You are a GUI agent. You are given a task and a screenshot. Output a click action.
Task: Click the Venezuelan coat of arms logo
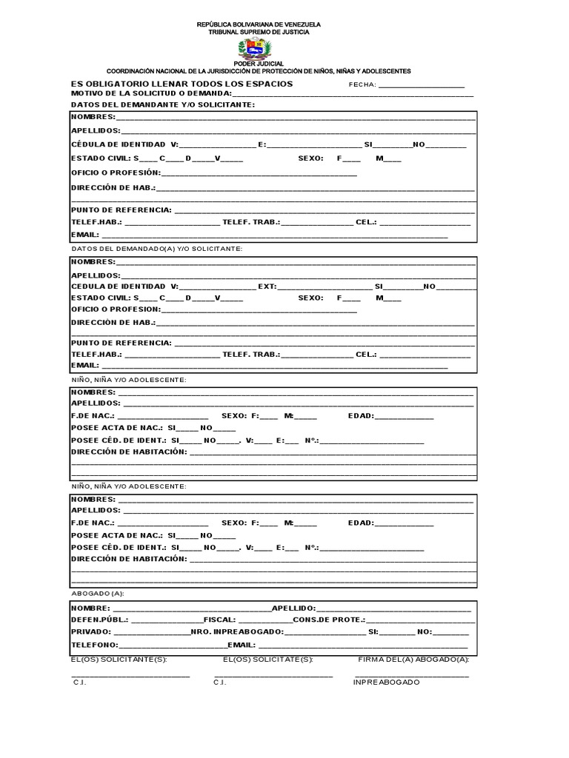coord(256,50)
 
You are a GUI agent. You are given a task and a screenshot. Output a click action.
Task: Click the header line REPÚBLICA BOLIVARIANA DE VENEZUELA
coord(259,25)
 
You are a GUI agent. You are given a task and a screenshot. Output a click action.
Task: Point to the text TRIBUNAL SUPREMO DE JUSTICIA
coord(259,33)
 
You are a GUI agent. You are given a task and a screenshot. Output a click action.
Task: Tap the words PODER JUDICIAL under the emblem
coord(259,64)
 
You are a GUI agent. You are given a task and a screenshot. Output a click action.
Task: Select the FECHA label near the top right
coord(362,84)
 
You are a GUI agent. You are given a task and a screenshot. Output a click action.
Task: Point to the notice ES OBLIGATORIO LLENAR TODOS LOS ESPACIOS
coord(182,84)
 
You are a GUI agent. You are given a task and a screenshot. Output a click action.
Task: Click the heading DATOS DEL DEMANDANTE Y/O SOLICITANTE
coord(163,104)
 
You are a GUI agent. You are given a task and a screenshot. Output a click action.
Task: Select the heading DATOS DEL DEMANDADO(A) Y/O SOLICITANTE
coord(156,249)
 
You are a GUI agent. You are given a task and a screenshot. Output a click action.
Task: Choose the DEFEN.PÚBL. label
coord(99,620)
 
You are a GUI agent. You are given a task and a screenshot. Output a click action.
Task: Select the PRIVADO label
coord(91,632)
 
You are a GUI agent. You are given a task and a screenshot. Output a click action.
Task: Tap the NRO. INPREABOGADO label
coord(236,632)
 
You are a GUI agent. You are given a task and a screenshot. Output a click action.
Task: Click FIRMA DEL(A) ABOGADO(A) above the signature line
coord(413,658)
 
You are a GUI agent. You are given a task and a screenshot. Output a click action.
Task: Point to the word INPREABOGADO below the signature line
coord(386,682)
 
